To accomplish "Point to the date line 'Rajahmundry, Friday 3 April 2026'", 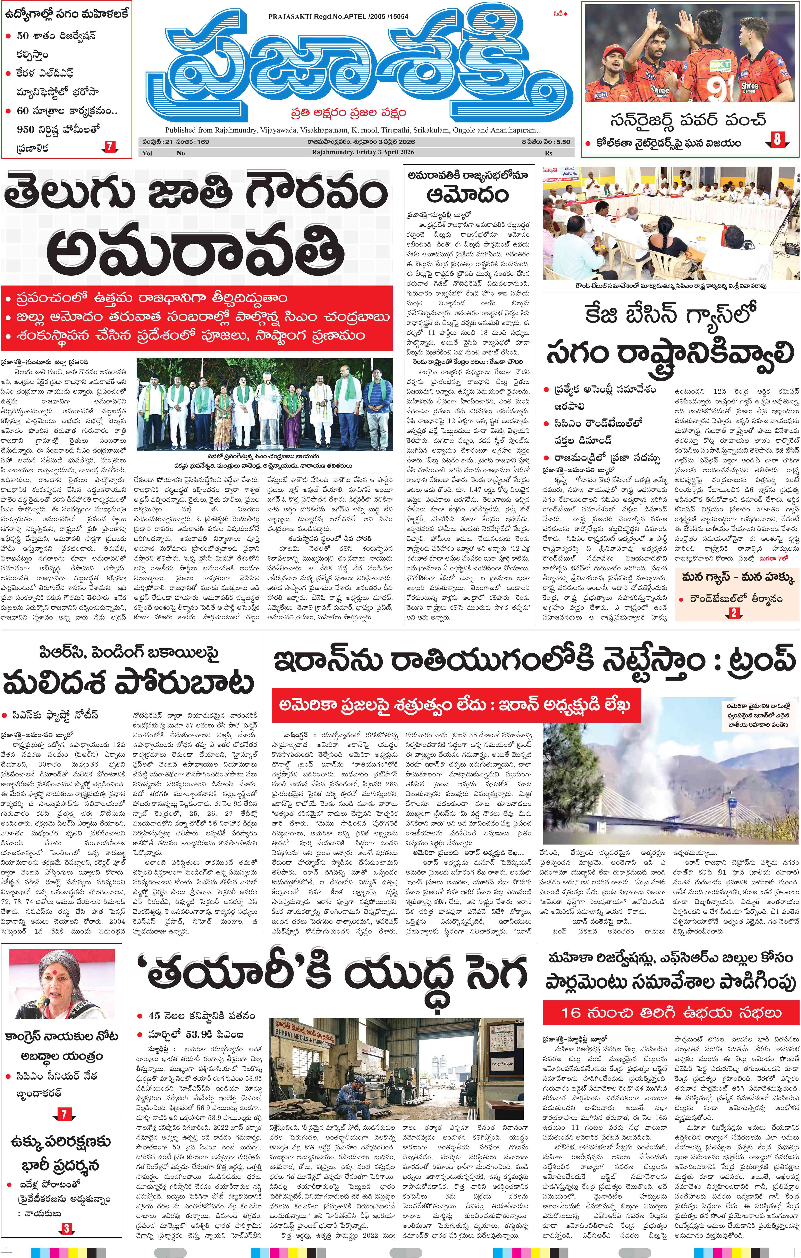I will click(363, 152).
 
